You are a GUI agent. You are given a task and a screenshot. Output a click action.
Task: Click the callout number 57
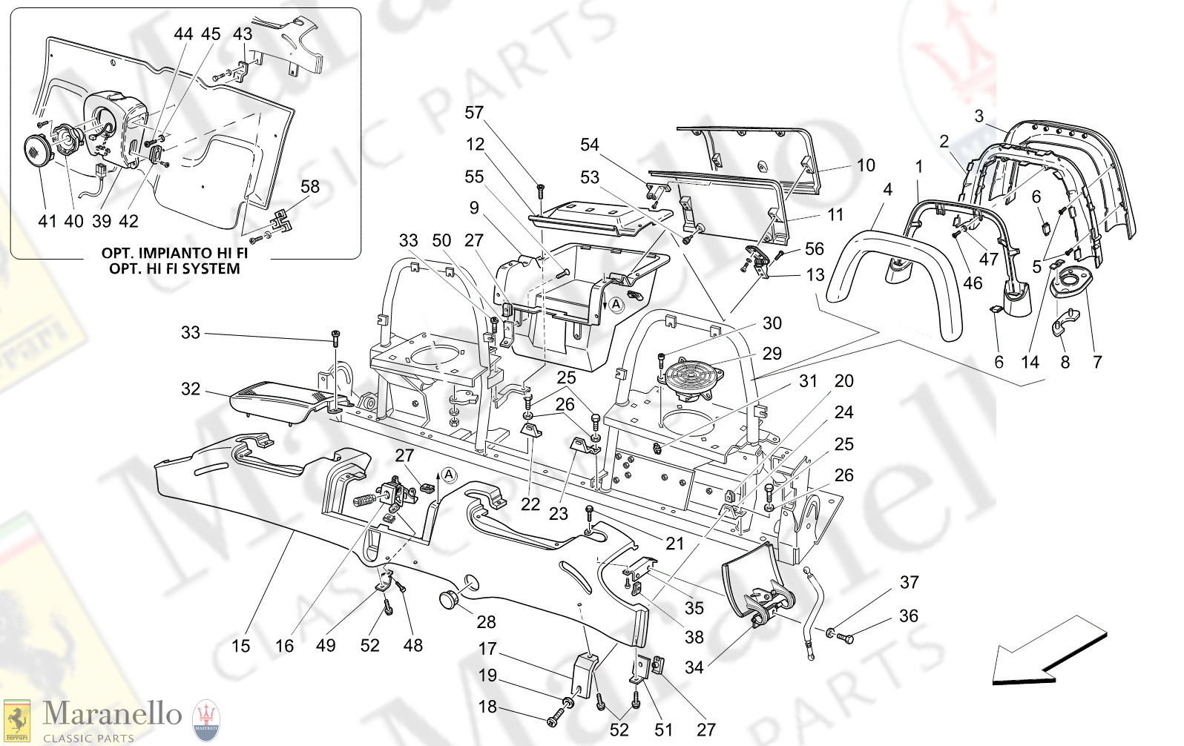coord(474,113)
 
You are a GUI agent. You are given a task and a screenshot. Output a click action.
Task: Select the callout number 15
coord(241,646)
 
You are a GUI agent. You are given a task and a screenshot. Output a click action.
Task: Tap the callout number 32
coord(191,389)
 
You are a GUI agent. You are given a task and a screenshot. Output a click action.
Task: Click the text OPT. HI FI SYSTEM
coord(174,269)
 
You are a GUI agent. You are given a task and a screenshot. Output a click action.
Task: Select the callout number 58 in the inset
coord(310,187)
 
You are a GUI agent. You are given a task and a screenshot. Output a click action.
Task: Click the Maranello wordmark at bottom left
coord(112,714)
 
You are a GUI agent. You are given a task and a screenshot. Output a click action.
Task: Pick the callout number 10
coord(866,165)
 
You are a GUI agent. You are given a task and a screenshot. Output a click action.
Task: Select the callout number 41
coord(47,221)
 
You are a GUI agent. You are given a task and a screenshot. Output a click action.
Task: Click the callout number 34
coord(694,667)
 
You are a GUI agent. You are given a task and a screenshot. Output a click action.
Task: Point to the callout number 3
coord(979,116)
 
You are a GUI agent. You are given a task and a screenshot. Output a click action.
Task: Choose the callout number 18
coord(487,707)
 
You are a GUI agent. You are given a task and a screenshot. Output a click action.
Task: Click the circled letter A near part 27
coord(450,475)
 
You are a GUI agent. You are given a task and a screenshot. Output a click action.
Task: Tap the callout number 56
coord(815,249)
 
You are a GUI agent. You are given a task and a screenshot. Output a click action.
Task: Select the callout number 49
coord(326,646)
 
